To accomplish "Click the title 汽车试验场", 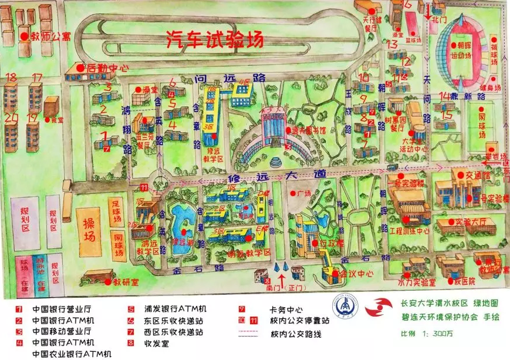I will (214, 40).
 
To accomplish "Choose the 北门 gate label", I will (438, 19).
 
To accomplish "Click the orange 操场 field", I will (89, 223).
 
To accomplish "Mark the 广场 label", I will (303, 193).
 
